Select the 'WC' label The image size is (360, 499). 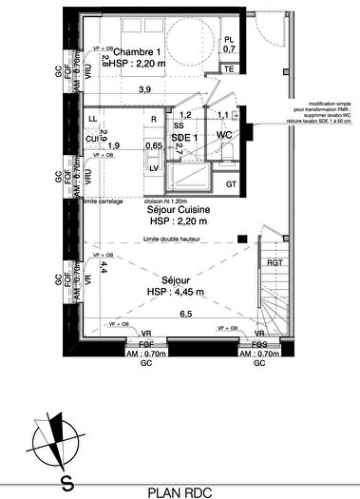[x=224, y=136]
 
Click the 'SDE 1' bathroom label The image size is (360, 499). [x=183, y=137]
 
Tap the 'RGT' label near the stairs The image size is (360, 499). [x=274, y=263]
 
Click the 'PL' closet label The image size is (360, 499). [x=229, y=38]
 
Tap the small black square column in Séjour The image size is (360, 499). [x=242, y=238]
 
